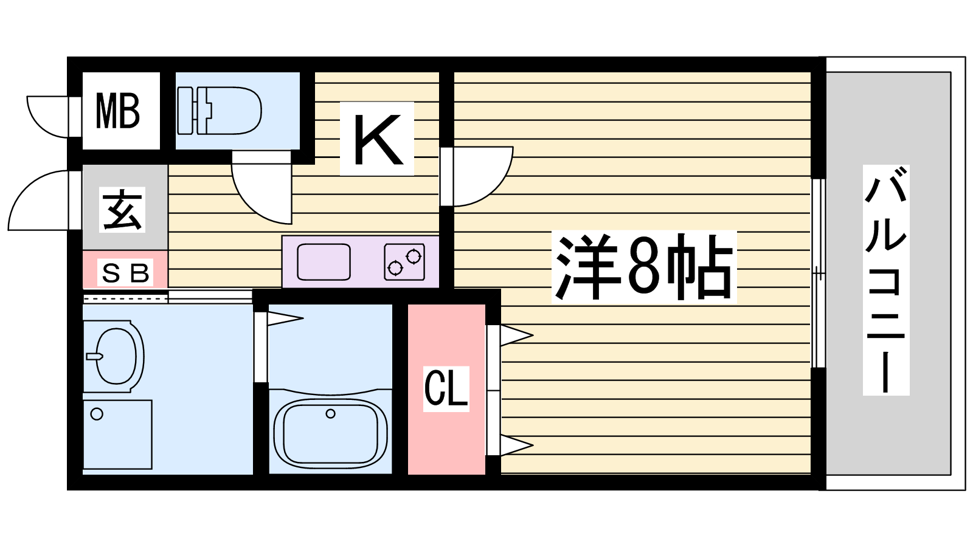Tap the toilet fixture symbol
(220, 111)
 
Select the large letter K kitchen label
(376, 139)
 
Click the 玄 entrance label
(122, 209)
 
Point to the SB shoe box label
(125, 273)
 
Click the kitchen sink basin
(324, 262)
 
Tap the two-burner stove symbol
(404, 262)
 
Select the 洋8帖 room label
(644, 267)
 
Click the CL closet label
(446, 388)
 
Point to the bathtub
(331, 434)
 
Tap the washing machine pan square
(117, 434)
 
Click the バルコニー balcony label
(885, 280)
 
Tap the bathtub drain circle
(331, 414)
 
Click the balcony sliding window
(819, 273)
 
